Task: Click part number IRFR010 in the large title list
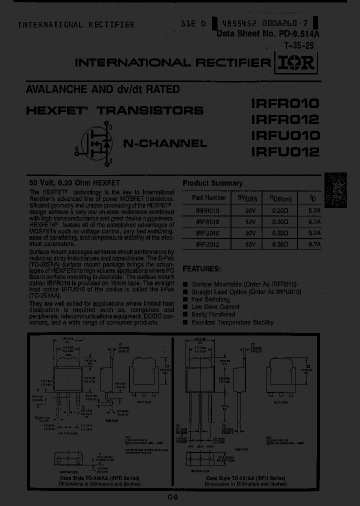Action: (x=284, y=104)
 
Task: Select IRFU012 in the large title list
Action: (x=284, y=151)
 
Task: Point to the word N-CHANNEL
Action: (x=165, y=143)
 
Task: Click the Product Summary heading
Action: (x=212, y=183)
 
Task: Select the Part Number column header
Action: (x=204, y=198)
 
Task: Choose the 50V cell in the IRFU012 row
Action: (x=250, y=244)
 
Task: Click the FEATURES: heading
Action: (x=202, y=268)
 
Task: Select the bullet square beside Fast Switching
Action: (x=185, y=299)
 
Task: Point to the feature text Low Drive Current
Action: (x=215, y=307)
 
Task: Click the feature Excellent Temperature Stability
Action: (x=232, y=322)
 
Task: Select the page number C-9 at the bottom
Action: (x=173, y=497)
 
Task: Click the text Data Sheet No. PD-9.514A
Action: (x=268, y=34)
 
